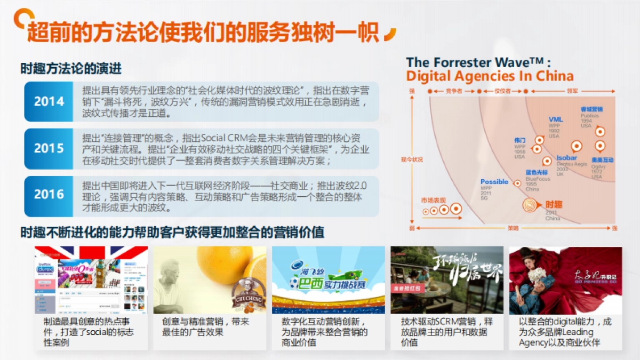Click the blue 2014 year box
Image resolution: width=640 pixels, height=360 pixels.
49,101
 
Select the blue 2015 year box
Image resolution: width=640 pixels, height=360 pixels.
49,148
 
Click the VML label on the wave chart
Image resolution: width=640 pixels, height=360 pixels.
556,119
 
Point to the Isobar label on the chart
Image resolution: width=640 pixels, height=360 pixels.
566,158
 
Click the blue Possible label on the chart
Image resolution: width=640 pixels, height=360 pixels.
494,182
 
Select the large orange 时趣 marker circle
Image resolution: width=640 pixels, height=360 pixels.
530,205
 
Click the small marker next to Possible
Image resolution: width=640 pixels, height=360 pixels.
516,183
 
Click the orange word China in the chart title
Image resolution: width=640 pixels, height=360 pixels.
555,76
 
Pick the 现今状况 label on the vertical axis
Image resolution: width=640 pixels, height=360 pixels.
412,159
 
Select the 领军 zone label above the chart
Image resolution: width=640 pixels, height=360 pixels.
572,91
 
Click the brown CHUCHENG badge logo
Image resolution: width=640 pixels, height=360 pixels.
246,298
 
